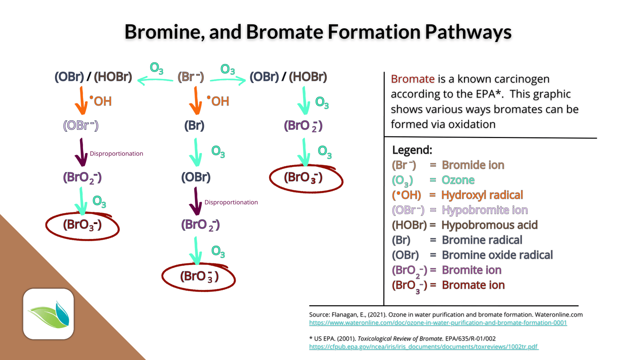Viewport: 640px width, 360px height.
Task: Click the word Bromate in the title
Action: click(x=284, y=32)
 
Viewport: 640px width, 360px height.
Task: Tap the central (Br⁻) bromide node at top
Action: click(x=191, y=77)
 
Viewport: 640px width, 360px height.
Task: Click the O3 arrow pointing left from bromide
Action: click(x=155, y=79)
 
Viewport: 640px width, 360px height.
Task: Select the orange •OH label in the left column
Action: click(x=101, y=101)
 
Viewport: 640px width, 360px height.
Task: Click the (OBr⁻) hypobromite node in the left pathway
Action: click(x=81, y=125)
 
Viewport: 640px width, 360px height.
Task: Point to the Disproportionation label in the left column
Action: click(x=116, y=153)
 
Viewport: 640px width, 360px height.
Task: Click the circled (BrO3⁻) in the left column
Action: click(x=82, y=225)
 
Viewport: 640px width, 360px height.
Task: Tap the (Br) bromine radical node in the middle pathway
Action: click(x=194, y=125)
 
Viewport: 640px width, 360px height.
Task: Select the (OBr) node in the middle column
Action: click(x=196, y=177)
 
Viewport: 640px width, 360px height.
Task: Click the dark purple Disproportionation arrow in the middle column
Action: click(x=196, y=201)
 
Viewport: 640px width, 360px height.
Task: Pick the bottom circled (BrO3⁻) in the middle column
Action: click(x=199, y=277)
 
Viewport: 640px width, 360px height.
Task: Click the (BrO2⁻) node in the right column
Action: click(x=303, y=125)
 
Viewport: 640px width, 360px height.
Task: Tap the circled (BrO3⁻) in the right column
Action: click(x=303, y=178)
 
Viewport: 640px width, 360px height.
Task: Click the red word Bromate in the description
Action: click(x=412, y=79)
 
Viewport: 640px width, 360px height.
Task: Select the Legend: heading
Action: click(x=412, y=150)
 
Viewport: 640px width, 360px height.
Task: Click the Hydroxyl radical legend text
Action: click(x=482, y=195)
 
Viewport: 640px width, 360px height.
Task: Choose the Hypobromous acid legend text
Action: click(x=489, y=225)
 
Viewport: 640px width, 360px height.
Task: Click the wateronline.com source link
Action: click(x=438, y=323)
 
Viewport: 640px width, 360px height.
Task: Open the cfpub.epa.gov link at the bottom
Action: click(x=423, y=347)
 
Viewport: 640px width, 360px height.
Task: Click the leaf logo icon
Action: click(x=49, y=314)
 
